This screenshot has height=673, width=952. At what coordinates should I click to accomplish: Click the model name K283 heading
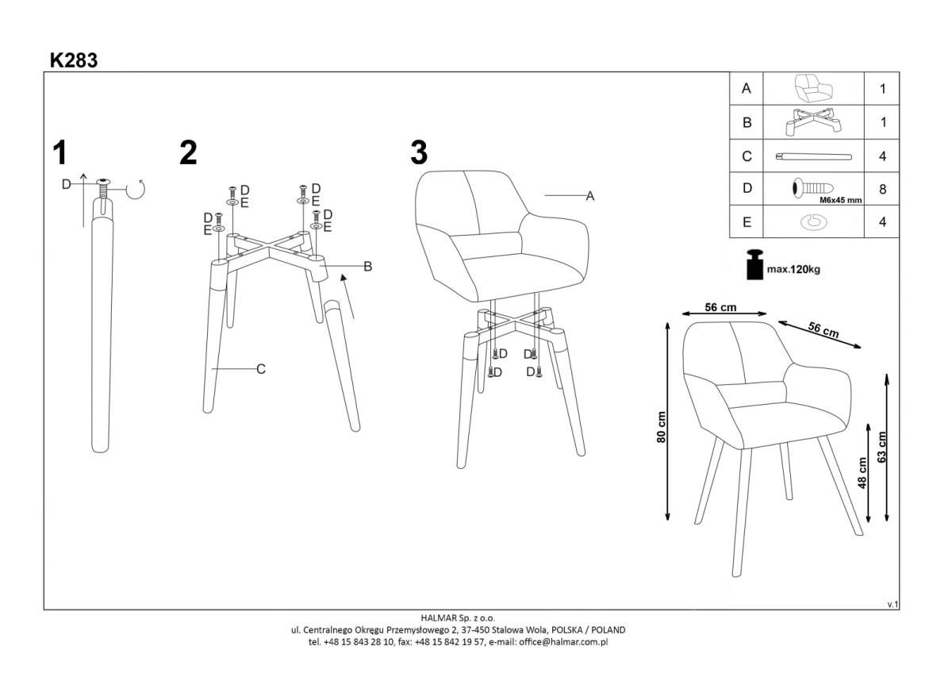tap(74, 60)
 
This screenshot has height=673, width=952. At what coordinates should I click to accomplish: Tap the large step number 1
tap(60, 152)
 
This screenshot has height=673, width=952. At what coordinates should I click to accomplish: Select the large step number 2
tap(188, 152)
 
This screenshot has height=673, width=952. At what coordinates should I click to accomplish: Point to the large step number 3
tap(419, 152)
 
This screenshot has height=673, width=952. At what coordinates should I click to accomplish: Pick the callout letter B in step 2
tap(368, 267)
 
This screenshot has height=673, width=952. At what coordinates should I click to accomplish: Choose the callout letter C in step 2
tap(261, 369)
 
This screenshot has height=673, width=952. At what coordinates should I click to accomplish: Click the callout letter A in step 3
tap(590, 196)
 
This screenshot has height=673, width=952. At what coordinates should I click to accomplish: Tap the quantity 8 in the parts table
tap(882, 189)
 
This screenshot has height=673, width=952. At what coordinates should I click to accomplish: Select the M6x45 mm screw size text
tap(841, 200)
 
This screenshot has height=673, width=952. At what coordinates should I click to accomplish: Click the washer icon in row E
tap(814, 222)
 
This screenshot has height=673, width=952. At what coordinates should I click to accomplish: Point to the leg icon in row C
tap(813, 156)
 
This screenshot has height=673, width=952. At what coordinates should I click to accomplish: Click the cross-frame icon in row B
tap(813, 122)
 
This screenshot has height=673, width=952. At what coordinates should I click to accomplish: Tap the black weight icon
tap(754, 264)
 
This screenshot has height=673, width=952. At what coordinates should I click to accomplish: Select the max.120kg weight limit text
tap(793, 270)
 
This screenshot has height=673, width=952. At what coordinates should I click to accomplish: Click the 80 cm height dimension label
tap(661, 427)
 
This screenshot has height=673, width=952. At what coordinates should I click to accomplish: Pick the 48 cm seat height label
tap(862, 473)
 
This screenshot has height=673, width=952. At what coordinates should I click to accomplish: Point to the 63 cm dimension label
tap(881, 448)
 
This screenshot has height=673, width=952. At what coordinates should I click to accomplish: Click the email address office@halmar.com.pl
tap(563, 642)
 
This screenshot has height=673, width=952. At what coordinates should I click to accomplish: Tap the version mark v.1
tap(892, 605)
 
